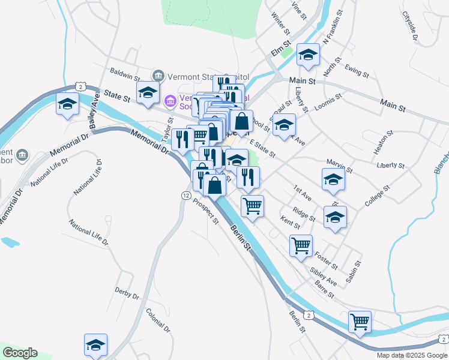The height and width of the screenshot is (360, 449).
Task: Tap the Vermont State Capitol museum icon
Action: tap(158, 75)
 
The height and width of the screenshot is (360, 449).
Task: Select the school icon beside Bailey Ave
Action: tap(68, 104)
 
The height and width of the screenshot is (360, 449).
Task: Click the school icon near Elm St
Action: tap(308, 55)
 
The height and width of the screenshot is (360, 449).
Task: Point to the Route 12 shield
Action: tap(186, 196)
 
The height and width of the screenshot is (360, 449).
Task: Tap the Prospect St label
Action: tap(206, 210)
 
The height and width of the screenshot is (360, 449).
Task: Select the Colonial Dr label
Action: tap(158, 320)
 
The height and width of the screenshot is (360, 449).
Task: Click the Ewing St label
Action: tap(357, 71)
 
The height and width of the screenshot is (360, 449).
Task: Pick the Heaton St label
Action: tap(382, 142)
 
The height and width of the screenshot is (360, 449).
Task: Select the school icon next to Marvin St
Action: tap(333, 179)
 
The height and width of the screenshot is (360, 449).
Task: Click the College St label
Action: tap(378, 195)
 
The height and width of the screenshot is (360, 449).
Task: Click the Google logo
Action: tap(20, 353)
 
